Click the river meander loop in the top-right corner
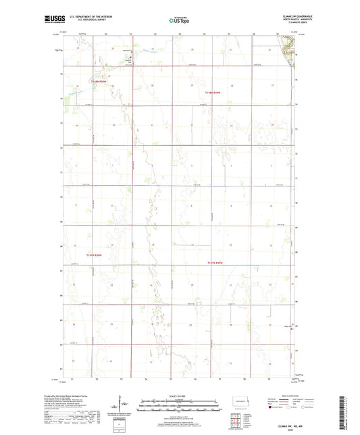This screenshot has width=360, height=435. (x=288, y=49)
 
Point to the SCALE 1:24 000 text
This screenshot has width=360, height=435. (x=179, y=395)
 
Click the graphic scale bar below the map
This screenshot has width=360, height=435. (x=179, y=407)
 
